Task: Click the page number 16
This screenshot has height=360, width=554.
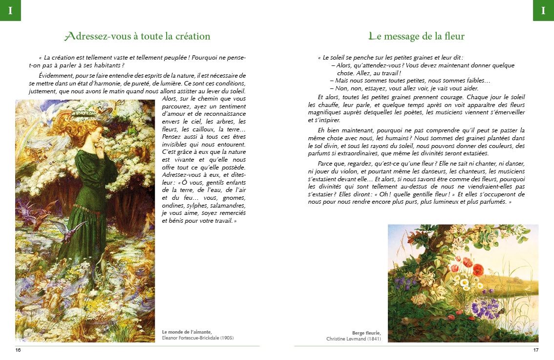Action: (x=18, y=350)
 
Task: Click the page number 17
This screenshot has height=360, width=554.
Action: (x=535, y=350)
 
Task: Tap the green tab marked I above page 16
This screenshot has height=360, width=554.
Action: (x=10, y=10)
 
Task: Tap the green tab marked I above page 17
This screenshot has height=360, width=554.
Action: (x=543, y=10)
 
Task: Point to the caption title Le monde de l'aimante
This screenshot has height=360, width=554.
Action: (x=187, y=332)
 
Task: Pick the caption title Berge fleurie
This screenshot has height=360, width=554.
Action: (x=366, y=333)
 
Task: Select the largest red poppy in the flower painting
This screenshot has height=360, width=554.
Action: (x=477, y=270)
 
